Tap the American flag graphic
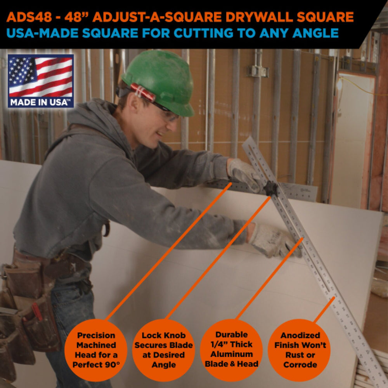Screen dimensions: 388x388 click(41, 77)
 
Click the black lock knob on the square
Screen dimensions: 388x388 click(270, 189)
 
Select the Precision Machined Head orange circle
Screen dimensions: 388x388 click(96, 350)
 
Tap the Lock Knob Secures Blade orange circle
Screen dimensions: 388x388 click(164, 350)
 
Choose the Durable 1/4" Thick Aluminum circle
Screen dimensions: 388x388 click(231, 350)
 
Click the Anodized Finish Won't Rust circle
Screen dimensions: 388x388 click(300, 350)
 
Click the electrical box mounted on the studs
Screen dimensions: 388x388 click(258, 71)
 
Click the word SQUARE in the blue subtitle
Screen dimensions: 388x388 click(110, 33)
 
